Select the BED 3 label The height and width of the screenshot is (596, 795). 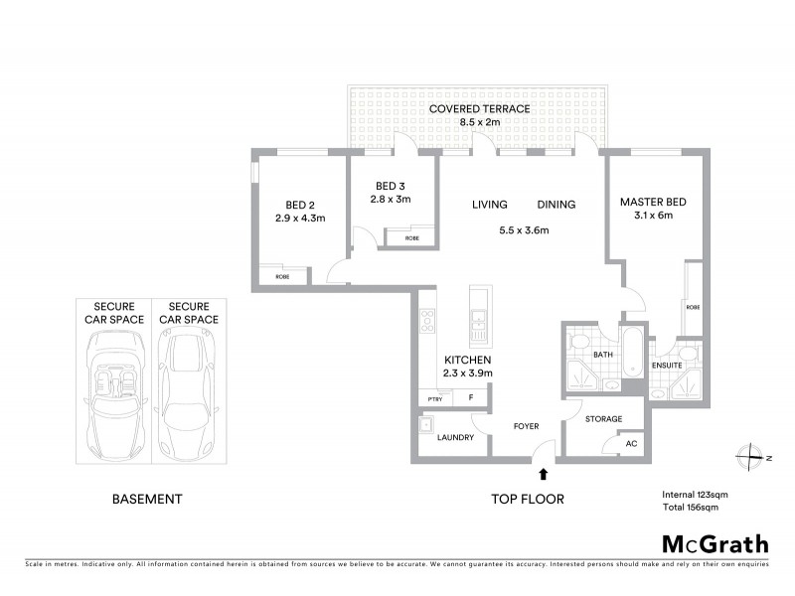391,186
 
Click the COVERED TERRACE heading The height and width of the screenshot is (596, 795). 479,108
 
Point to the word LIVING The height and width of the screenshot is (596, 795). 490,205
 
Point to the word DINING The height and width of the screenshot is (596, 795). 556,205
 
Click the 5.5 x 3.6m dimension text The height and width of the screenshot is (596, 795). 524,230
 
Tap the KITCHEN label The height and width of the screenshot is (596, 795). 467,360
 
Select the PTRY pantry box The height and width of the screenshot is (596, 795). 434,398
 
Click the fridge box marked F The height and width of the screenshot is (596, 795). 471,398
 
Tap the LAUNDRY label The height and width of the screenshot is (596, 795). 455,437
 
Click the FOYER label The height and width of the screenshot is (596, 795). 526,426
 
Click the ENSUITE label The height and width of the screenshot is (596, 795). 667,366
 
